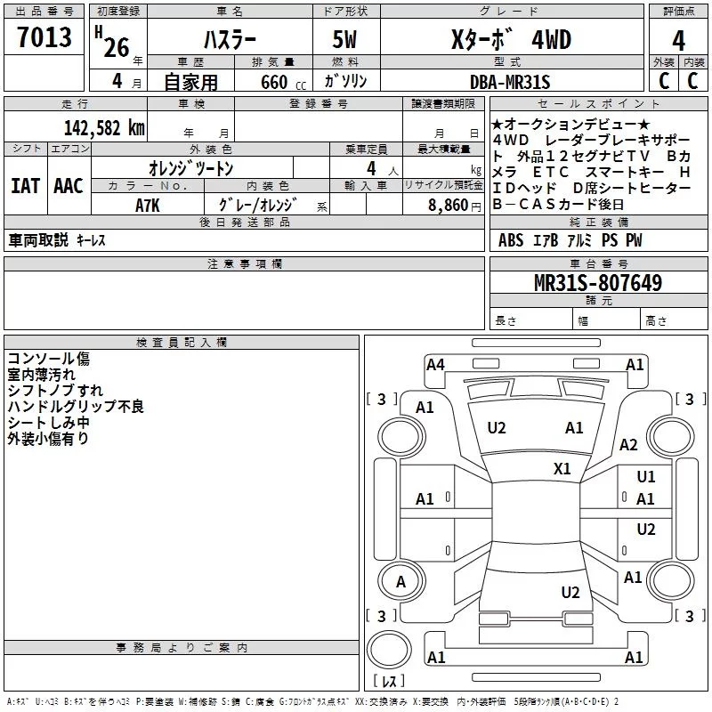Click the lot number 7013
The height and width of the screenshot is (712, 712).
click(x=44, y=36)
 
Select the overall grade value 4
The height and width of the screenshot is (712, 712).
click(x=678, y=40)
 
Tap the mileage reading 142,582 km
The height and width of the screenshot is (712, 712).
click(x=104, y=128)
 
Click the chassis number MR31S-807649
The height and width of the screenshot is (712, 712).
click(x=598, y=283)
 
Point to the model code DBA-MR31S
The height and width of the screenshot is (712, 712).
click(x=510, y=82)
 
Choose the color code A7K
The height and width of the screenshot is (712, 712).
click(x=148, y=206)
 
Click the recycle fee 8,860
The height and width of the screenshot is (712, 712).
click(x=448, y=206)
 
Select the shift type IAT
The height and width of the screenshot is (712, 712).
click(x=26, y=186)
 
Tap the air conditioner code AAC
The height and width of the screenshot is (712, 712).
click(x=69, y=186)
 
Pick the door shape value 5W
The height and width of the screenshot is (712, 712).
click(x=344, y=39)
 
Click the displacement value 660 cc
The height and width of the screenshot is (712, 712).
click(x=283, y=83)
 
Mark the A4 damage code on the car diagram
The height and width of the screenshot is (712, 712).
click(x=435, y=365)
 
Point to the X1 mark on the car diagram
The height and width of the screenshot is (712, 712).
click(x=562, y=469)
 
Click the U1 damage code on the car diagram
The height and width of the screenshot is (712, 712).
click(x=646, y=476)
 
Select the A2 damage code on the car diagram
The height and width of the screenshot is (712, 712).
click(x=628, y=444)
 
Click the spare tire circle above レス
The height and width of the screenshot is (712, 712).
click(x=389, y=650)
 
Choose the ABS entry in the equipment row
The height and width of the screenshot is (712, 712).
click(x=511, y=240)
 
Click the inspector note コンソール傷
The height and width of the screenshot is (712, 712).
click(x=49, y=359)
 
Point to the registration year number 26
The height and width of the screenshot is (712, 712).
click(x=117, y=48)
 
